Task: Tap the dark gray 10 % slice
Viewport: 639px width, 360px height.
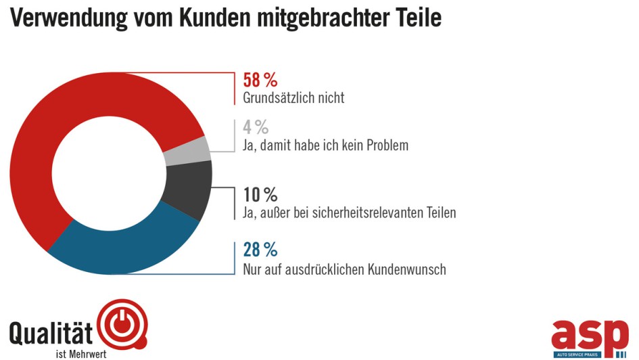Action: tap(193, 189)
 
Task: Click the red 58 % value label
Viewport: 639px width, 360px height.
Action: tap(260, 80)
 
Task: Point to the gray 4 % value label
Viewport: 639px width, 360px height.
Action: tap(256, 127)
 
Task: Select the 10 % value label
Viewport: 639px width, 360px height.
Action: tap(260, 195)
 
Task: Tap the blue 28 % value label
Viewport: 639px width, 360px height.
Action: tap(260, 250)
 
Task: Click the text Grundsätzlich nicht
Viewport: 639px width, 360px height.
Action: tap(293, 98)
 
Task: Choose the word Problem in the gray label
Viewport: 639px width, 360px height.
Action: tap(384, 145)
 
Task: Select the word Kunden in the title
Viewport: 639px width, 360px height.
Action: tap(216, 18)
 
